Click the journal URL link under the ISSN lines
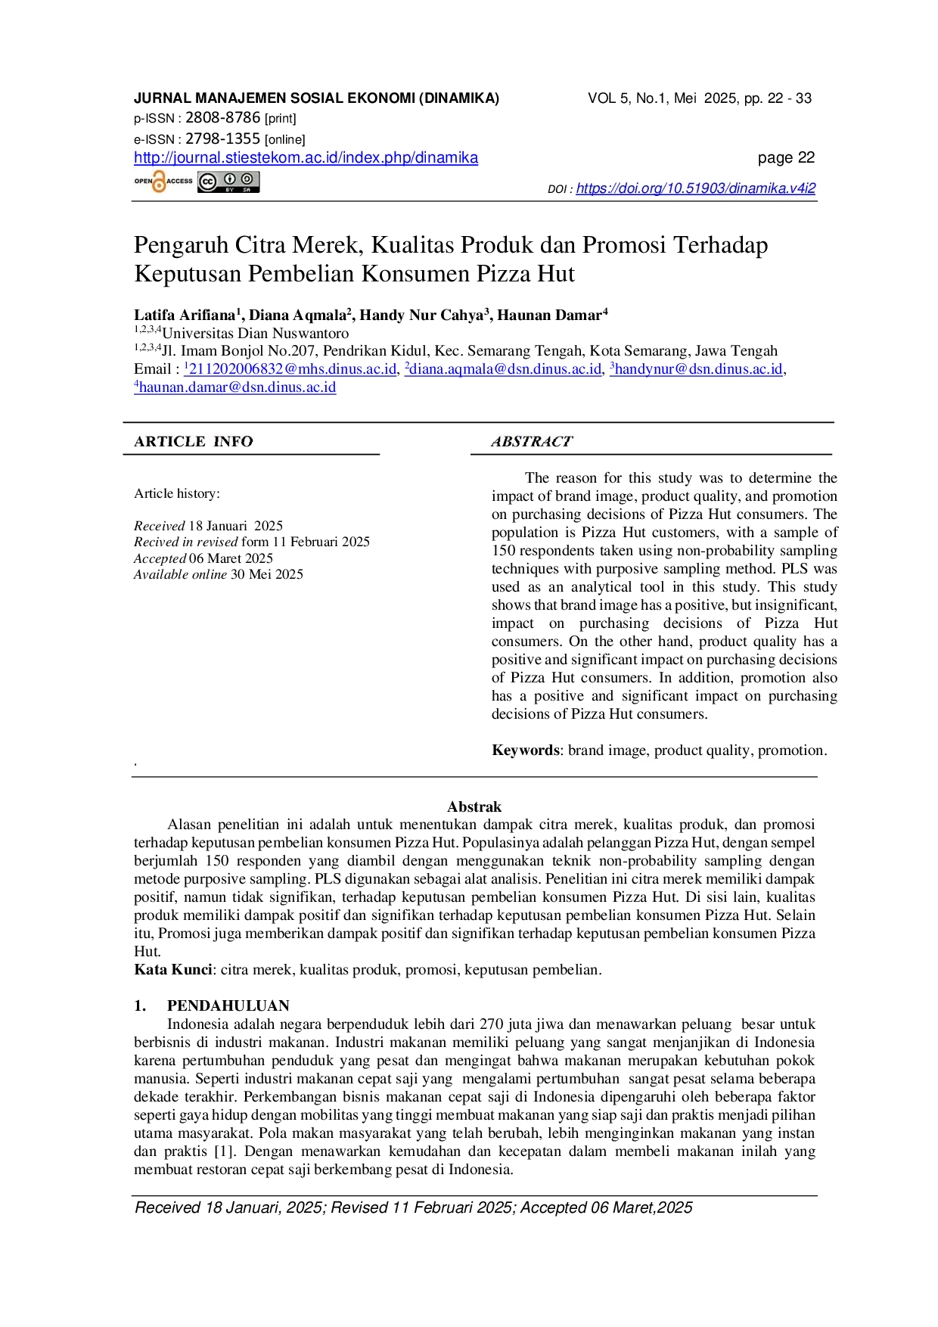tap(306, 158)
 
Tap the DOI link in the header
tap(696, 188)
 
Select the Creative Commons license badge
tap(228, 182)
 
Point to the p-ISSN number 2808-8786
tap(223, 117)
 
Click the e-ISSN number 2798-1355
tap(223, 138)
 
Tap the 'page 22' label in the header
tap(787, 157)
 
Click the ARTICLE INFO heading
tap(194, 442)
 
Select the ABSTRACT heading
tap(532, 442)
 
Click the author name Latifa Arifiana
tap(185, 315)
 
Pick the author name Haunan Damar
tap(549, 315)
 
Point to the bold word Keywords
tap(526, 751)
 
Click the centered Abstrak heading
tap(474, 806)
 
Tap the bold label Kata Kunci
tap(173, 970)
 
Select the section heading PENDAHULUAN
tap(228, 1005)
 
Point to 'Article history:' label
tap(177, 493)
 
